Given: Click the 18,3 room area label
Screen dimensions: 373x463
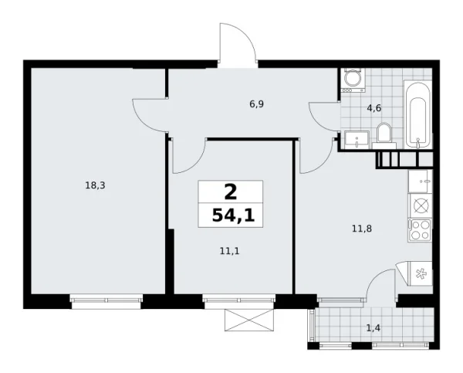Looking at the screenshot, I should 95,185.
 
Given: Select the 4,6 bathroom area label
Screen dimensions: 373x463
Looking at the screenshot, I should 374,108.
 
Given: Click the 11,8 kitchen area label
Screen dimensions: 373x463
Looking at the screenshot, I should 361,228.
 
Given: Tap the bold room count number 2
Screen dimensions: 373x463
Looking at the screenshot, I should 231,191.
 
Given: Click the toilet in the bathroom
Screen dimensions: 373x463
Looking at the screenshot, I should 384,134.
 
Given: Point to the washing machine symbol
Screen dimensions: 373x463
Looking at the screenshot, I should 353,80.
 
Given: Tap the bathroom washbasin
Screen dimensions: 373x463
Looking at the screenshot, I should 356,139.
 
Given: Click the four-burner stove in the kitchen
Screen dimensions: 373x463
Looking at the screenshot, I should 421,229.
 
